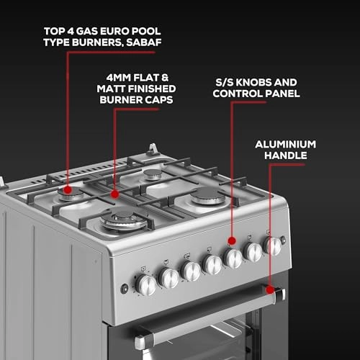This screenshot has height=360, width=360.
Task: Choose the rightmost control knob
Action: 272,246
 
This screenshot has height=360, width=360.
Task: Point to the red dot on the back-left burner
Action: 70,192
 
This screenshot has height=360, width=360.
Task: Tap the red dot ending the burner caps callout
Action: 115,193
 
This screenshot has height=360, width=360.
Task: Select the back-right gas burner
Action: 153,174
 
